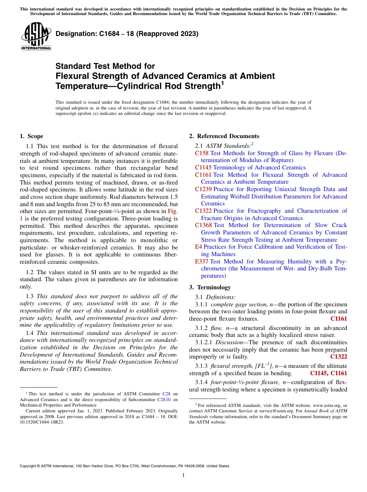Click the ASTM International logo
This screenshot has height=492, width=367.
36,37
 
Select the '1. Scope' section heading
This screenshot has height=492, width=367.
31,136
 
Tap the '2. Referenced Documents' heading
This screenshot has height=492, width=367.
224,136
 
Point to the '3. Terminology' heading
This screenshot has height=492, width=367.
210,287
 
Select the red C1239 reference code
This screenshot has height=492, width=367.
203,189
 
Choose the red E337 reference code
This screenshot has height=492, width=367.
202,261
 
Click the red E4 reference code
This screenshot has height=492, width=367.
199,247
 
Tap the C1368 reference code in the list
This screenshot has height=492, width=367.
203,225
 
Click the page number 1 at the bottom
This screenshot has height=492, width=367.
183,475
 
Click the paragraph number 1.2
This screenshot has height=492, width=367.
30,272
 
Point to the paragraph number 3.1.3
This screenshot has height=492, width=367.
202,366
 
